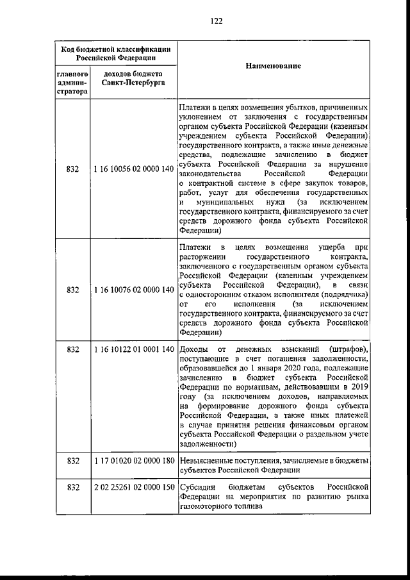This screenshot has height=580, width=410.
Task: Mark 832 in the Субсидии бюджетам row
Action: tap(72, 487)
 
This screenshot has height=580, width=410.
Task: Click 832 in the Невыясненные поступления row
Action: tap(72, 460)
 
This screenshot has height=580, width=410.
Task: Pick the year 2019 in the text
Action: tap(359, 387)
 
